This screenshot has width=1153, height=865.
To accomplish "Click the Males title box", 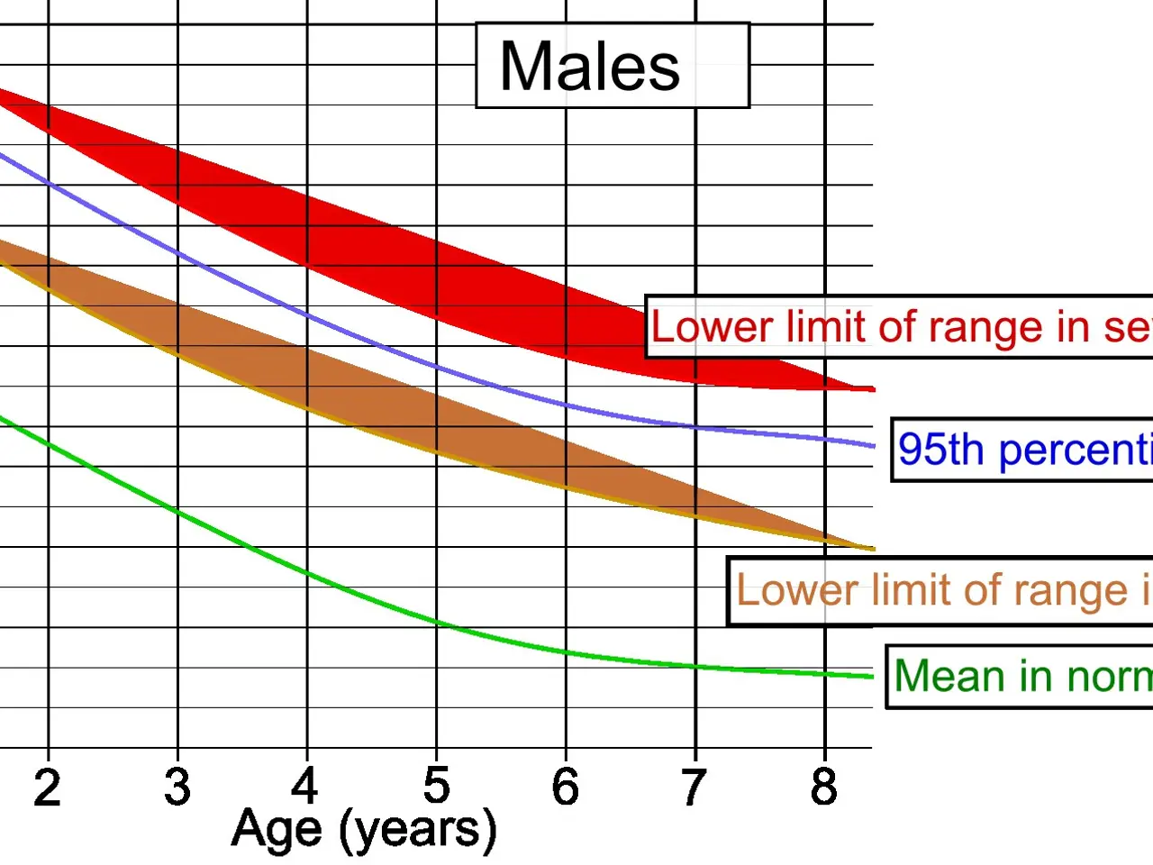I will [613, 66].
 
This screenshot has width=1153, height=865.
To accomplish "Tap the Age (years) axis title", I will [364, 829].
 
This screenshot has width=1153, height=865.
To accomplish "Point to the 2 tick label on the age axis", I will [47, 788].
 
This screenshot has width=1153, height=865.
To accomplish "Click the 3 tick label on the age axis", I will [177, 788].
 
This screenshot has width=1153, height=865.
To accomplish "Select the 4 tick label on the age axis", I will [305, 786].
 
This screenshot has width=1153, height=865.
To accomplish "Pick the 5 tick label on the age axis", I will [437, 786].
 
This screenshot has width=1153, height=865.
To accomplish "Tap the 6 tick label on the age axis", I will [566, 788].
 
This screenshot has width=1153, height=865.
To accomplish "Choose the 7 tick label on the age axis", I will [694, 788].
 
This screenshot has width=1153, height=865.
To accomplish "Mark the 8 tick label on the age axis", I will [823, 788].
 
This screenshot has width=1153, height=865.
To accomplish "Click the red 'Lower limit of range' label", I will [901, 327].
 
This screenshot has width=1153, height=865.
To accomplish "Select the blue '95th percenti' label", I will [1023, 450].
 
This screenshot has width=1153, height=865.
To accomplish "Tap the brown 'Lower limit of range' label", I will [941, 591].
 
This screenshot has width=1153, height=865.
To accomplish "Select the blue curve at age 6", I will [566, 405].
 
